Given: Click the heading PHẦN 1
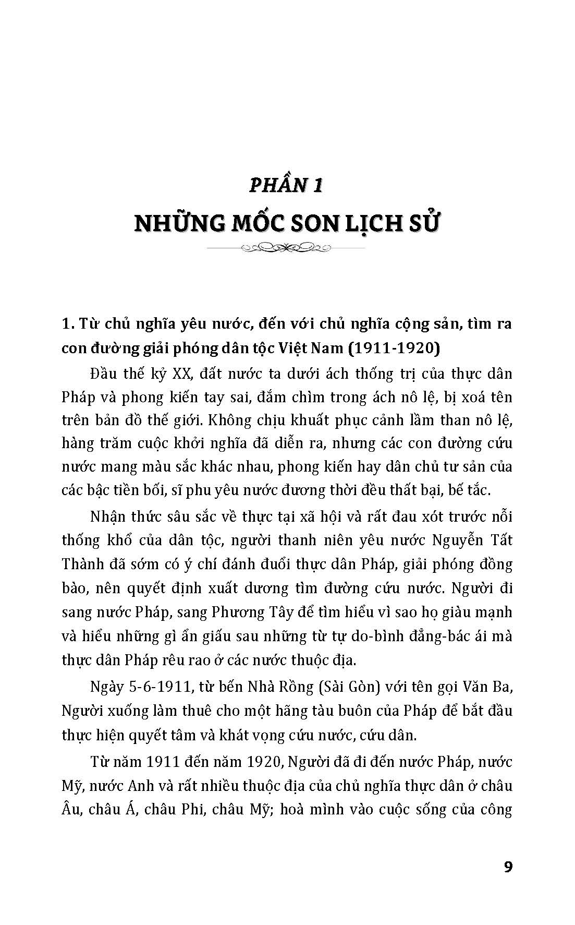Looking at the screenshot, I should pyautogui.click(x=287, y=185).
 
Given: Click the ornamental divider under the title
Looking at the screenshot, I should pyautogui.click(x=287, y=247).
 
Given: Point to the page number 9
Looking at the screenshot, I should pyautogui.click(x=508, y=867).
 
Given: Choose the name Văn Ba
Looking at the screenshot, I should pyautogui.click(x=490, y=687).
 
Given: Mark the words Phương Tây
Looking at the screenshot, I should pyautogui.click(x=246, y=611).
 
